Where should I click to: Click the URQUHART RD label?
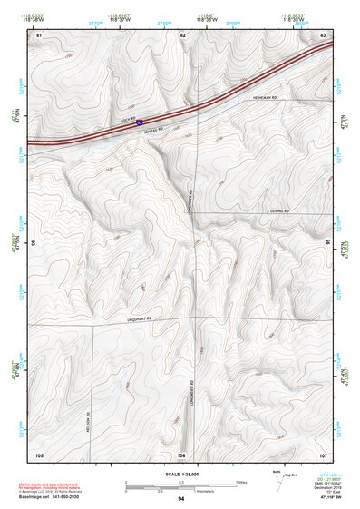click(132, 318)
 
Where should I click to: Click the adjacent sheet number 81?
click(39, 34)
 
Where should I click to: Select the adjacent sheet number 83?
click(323, 34)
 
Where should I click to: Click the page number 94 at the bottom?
click(180, 498)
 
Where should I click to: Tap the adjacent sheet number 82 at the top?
click(182, 34)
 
